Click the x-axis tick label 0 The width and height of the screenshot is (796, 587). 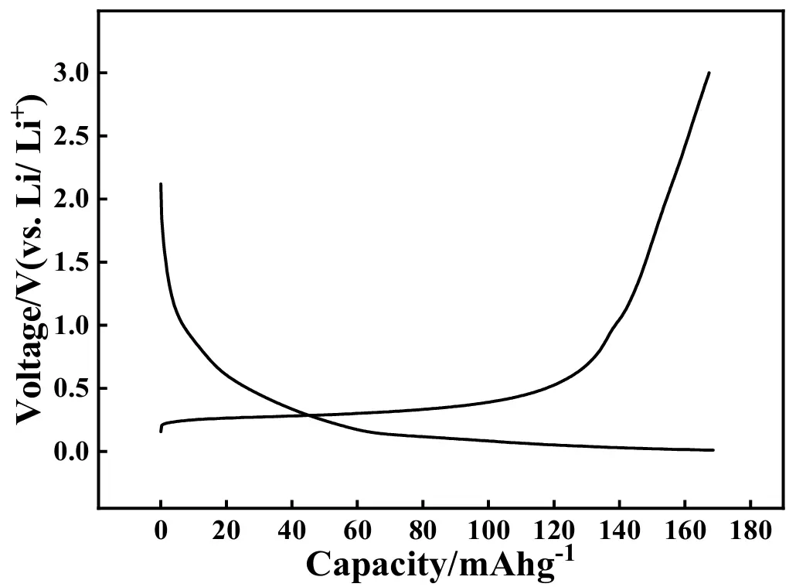coord(161,531)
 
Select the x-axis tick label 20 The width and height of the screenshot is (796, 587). coord(226,531)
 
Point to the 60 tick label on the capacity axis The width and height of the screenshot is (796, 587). coord(357,531)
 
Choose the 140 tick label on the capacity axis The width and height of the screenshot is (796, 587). coord(619,531)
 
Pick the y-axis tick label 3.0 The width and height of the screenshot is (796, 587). coord(70,73)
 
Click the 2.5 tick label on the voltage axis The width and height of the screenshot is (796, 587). coord(70,137)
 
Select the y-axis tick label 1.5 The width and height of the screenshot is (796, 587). coord(70,263)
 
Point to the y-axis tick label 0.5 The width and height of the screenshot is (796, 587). coord(70,389)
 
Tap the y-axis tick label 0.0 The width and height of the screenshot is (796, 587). coord(70,452)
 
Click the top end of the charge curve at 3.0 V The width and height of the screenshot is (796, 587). coord(709,73)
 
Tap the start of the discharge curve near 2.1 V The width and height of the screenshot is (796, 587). coord(161,184)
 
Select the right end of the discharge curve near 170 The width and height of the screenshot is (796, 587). coord(713,450)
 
